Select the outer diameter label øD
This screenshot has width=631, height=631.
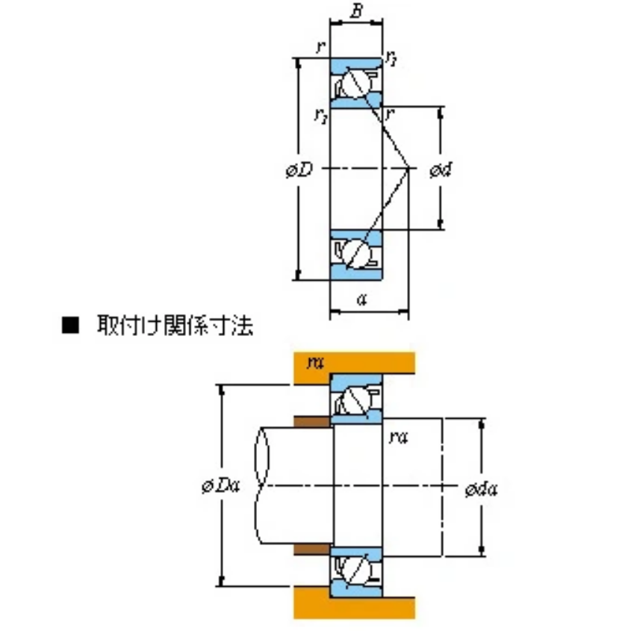coord(299,170)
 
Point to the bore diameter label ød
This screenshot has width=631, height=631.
coord(441,170)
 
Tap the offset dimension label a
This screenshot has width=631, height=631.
coord(361,299)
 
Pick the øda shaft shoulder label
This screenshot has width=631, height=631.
coord(481,489)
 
